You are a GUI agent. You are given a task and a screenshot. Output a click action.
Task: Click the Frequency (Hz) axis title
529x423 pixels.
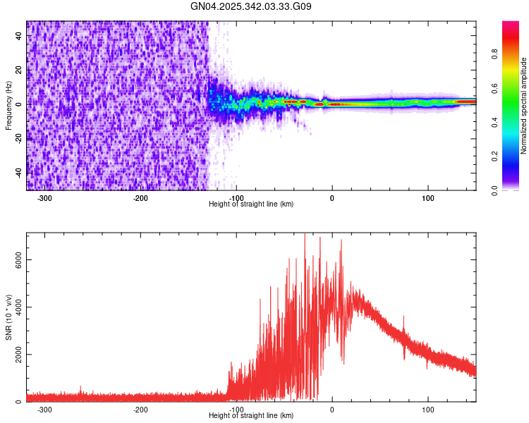8,106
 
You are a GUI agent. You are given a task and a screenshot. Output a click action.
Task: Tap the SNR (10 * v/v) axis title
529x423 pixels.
8,317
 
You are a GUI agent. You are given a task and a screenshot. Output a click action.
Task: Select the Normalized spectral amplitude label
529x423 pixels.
524,106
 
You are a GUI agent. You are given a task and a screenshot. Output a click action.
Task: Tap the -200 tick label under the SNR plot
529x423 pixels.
140,410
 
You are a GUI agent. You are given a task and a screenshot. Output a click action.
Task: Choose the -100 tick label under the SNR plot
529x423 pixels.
236,410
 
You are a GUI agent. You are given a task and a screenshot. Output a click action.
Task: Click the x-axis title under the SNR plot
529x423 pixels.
251,416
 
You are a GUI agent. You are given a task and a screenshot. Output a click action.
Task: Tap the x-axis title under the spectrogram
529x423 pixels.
251,204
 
